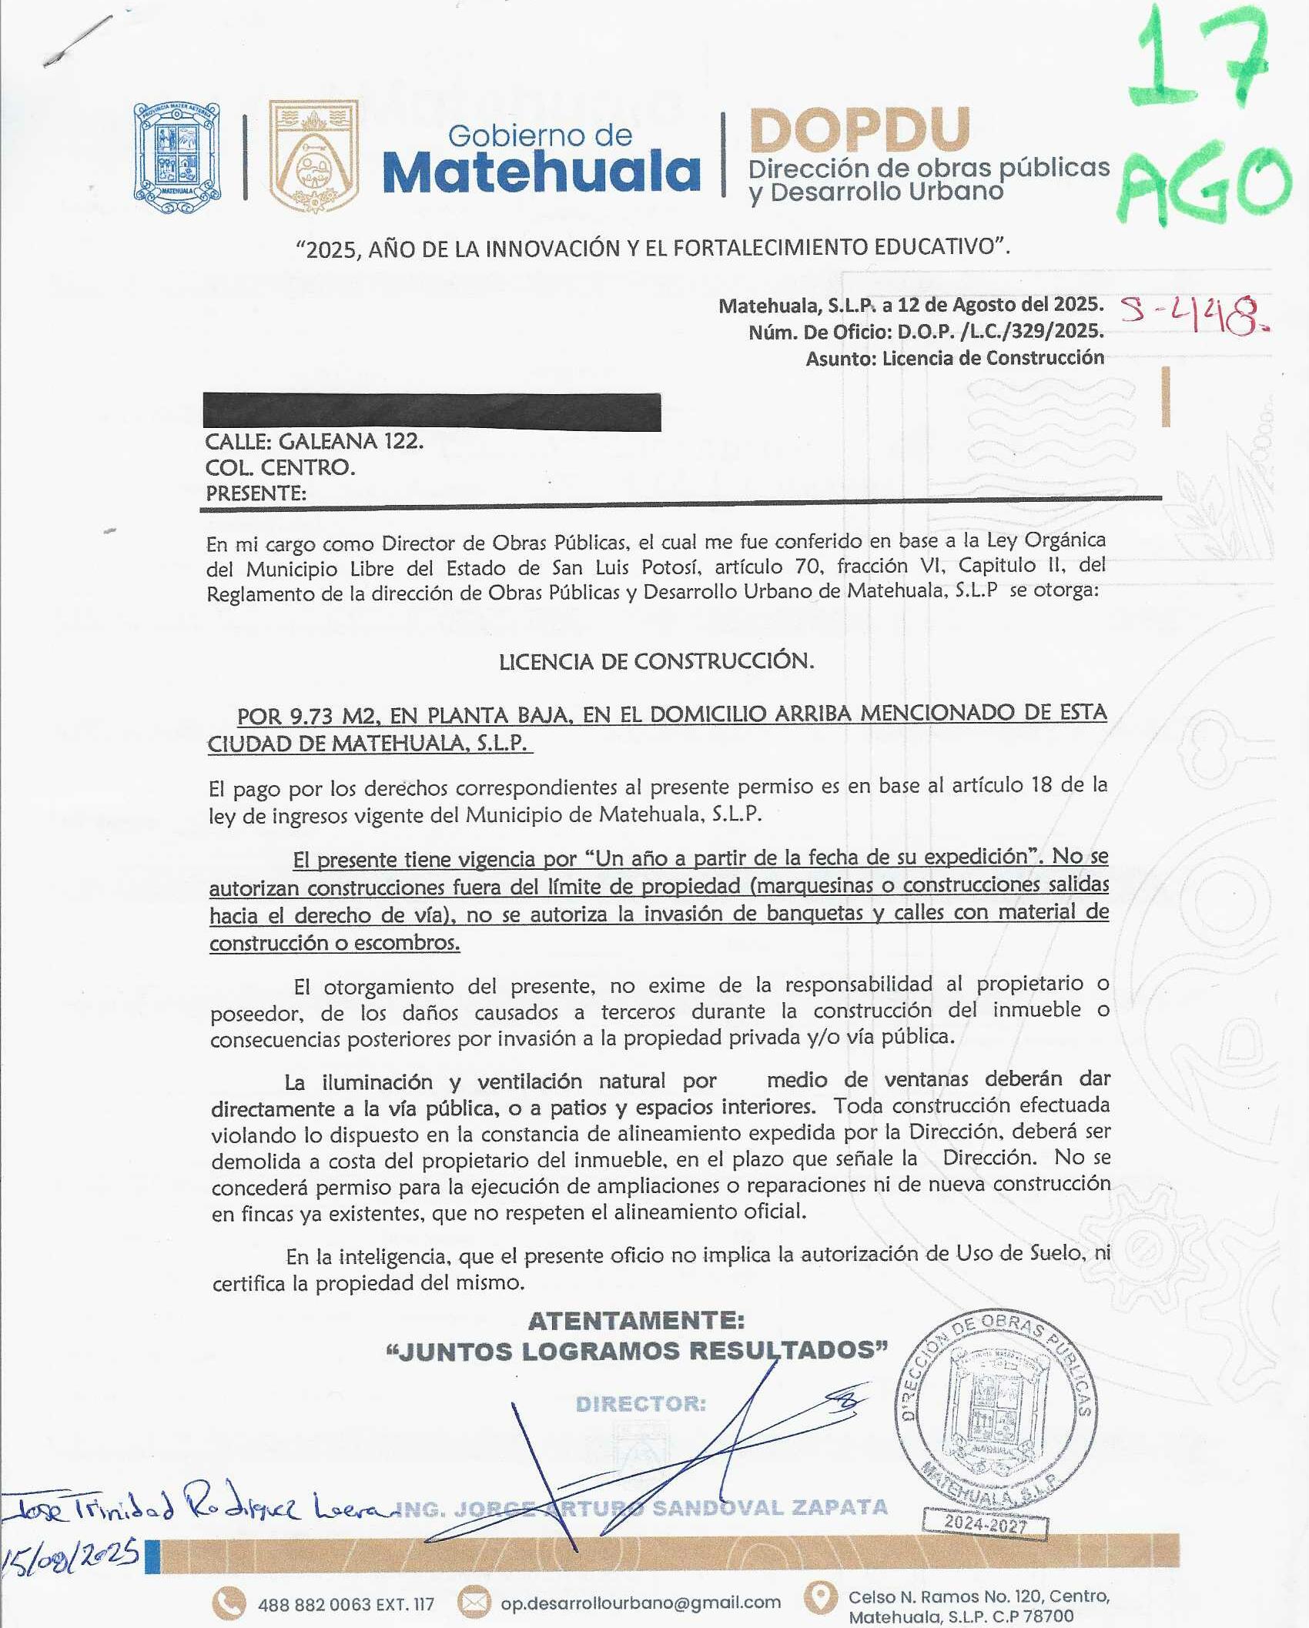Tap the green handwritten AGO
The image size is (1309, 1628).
[1205, 185]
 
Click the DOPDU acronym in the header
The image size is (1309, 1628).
[859, 130]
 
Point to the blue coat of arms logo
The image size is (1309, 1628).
[177, 158]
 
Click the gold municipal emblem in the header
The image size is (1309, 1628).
[313, 156]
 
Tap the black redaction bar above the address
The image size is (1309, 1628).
[431, 411]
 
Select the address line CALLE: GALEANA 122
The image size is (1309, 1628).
[314, 442]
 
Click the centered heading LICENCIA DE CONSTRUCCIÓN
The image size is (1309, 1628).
[656, 661]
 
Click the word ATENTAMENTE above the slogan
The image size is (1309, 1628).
[636, 1321]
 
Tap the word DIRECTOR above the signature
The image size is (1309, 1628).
[641, 1404]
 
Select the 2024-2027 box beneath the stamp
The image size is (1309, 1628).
[986, 1524]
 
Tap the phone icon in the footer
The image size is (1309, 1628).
[229, 1603]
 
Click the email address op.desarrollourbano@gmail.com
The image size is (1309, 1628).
[641, 1603]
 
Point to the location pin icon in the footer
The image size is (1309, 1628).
[821, 1600]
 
